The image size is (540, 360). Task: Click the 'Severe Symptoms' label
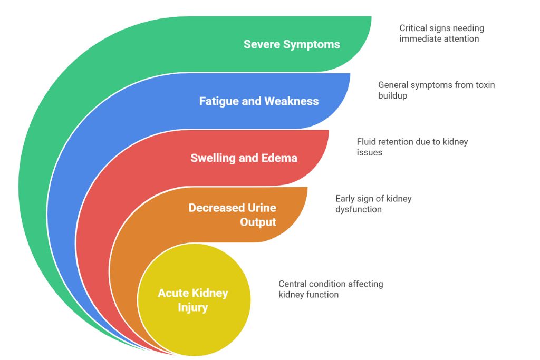(x=292, y=44)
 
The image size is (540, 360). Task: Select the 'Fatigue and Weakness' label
(x=258, y=101)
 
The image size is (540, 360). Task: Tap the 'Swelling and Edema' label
(x=244, y=158)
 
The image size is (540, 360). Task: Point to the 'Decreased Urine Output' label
(x=232, y=215)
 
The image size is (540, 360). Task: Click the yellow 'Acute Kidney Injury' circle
(x=193, y=300)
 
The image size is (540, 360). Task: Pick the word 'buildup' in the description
(x=393, y=95)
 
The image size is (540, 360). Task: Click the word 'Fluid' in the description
(x=367, y=142)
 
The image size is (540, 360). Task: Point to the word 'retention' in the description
(x=399, y=142)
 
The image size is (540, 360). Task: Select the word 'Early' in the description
(x=346, y=199)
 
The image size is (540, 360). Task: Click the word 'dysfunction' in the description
(x=359, y=209)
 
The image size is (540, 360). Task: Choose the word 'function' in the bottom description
(x=321, y=295)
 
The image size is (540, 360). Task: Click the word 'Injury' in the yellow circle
(x=192, y=307)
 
